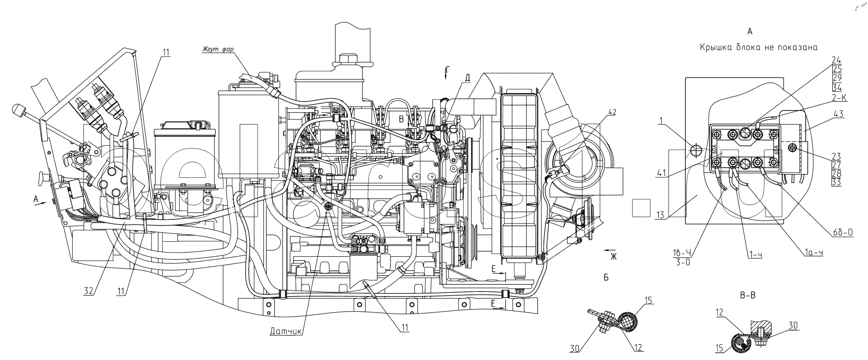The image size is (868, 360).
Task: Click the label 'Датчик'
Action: [286, 332]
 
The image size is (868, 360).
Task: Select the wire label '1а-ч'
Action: [814, 253]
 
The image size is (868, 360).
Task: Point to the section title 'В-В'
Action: [748, 296]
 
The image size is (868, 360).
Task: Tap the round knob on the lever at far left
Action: [17, 110]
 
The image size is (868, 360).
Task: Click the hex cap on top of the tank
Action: [348, 60]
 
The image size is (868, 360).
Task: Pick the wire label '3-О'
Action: [682, 262]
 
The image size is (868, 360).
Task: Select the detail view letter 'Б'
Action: [606, 278]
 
